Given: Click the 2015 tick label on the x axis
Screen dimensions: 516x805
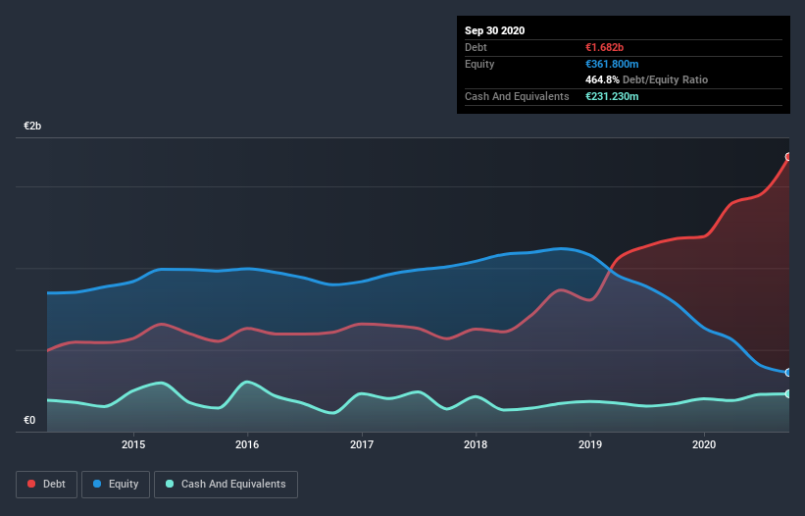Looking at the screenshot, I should tap(133, 444).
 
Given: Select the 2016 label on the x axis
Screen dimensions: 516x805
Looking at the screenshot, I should tap(247, 444).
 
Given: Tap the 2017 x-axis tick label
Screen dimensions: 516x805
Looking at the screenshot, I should tap(362, 444).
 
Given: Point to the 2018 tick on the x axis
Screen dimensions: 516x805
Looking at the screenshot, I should tap(476, 444).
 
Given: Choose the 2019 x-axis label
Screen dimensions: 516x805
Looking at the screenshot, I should tap(590, 444).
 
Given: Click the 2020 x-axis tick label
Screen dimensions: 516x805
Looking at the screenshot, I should tap(704, 444).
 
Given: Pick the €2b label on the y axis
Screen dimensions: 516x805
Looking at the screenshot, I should tap(32, 127).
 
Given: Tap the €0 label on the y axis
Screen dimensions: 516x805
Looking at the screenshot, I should tap(29, 421).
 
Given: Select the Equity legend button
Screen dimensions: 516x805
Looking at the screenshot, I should tap(116, 485).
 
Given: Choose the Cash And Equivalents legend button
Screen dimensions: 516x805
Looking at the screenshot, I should tap(226, 485).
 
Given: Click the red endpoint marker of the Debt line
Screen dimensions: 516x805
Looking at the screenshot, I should tap(788, 157).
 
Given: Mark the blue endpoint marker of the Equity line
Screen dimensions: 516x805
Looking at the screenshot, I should tap(788, 373).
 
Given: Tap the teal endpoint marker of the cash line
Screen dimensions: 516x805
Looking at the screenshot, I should tap(788, 394).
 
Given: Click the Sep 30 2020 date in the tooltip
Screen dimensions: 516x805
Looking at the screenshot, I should tap(494, 30).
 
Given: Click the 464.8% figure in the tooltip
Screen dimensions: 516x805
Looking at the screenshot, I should tap(603, 79).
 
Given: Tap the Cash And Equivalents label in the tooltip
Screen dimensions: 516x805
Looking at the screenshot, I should tap(517, 96).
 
